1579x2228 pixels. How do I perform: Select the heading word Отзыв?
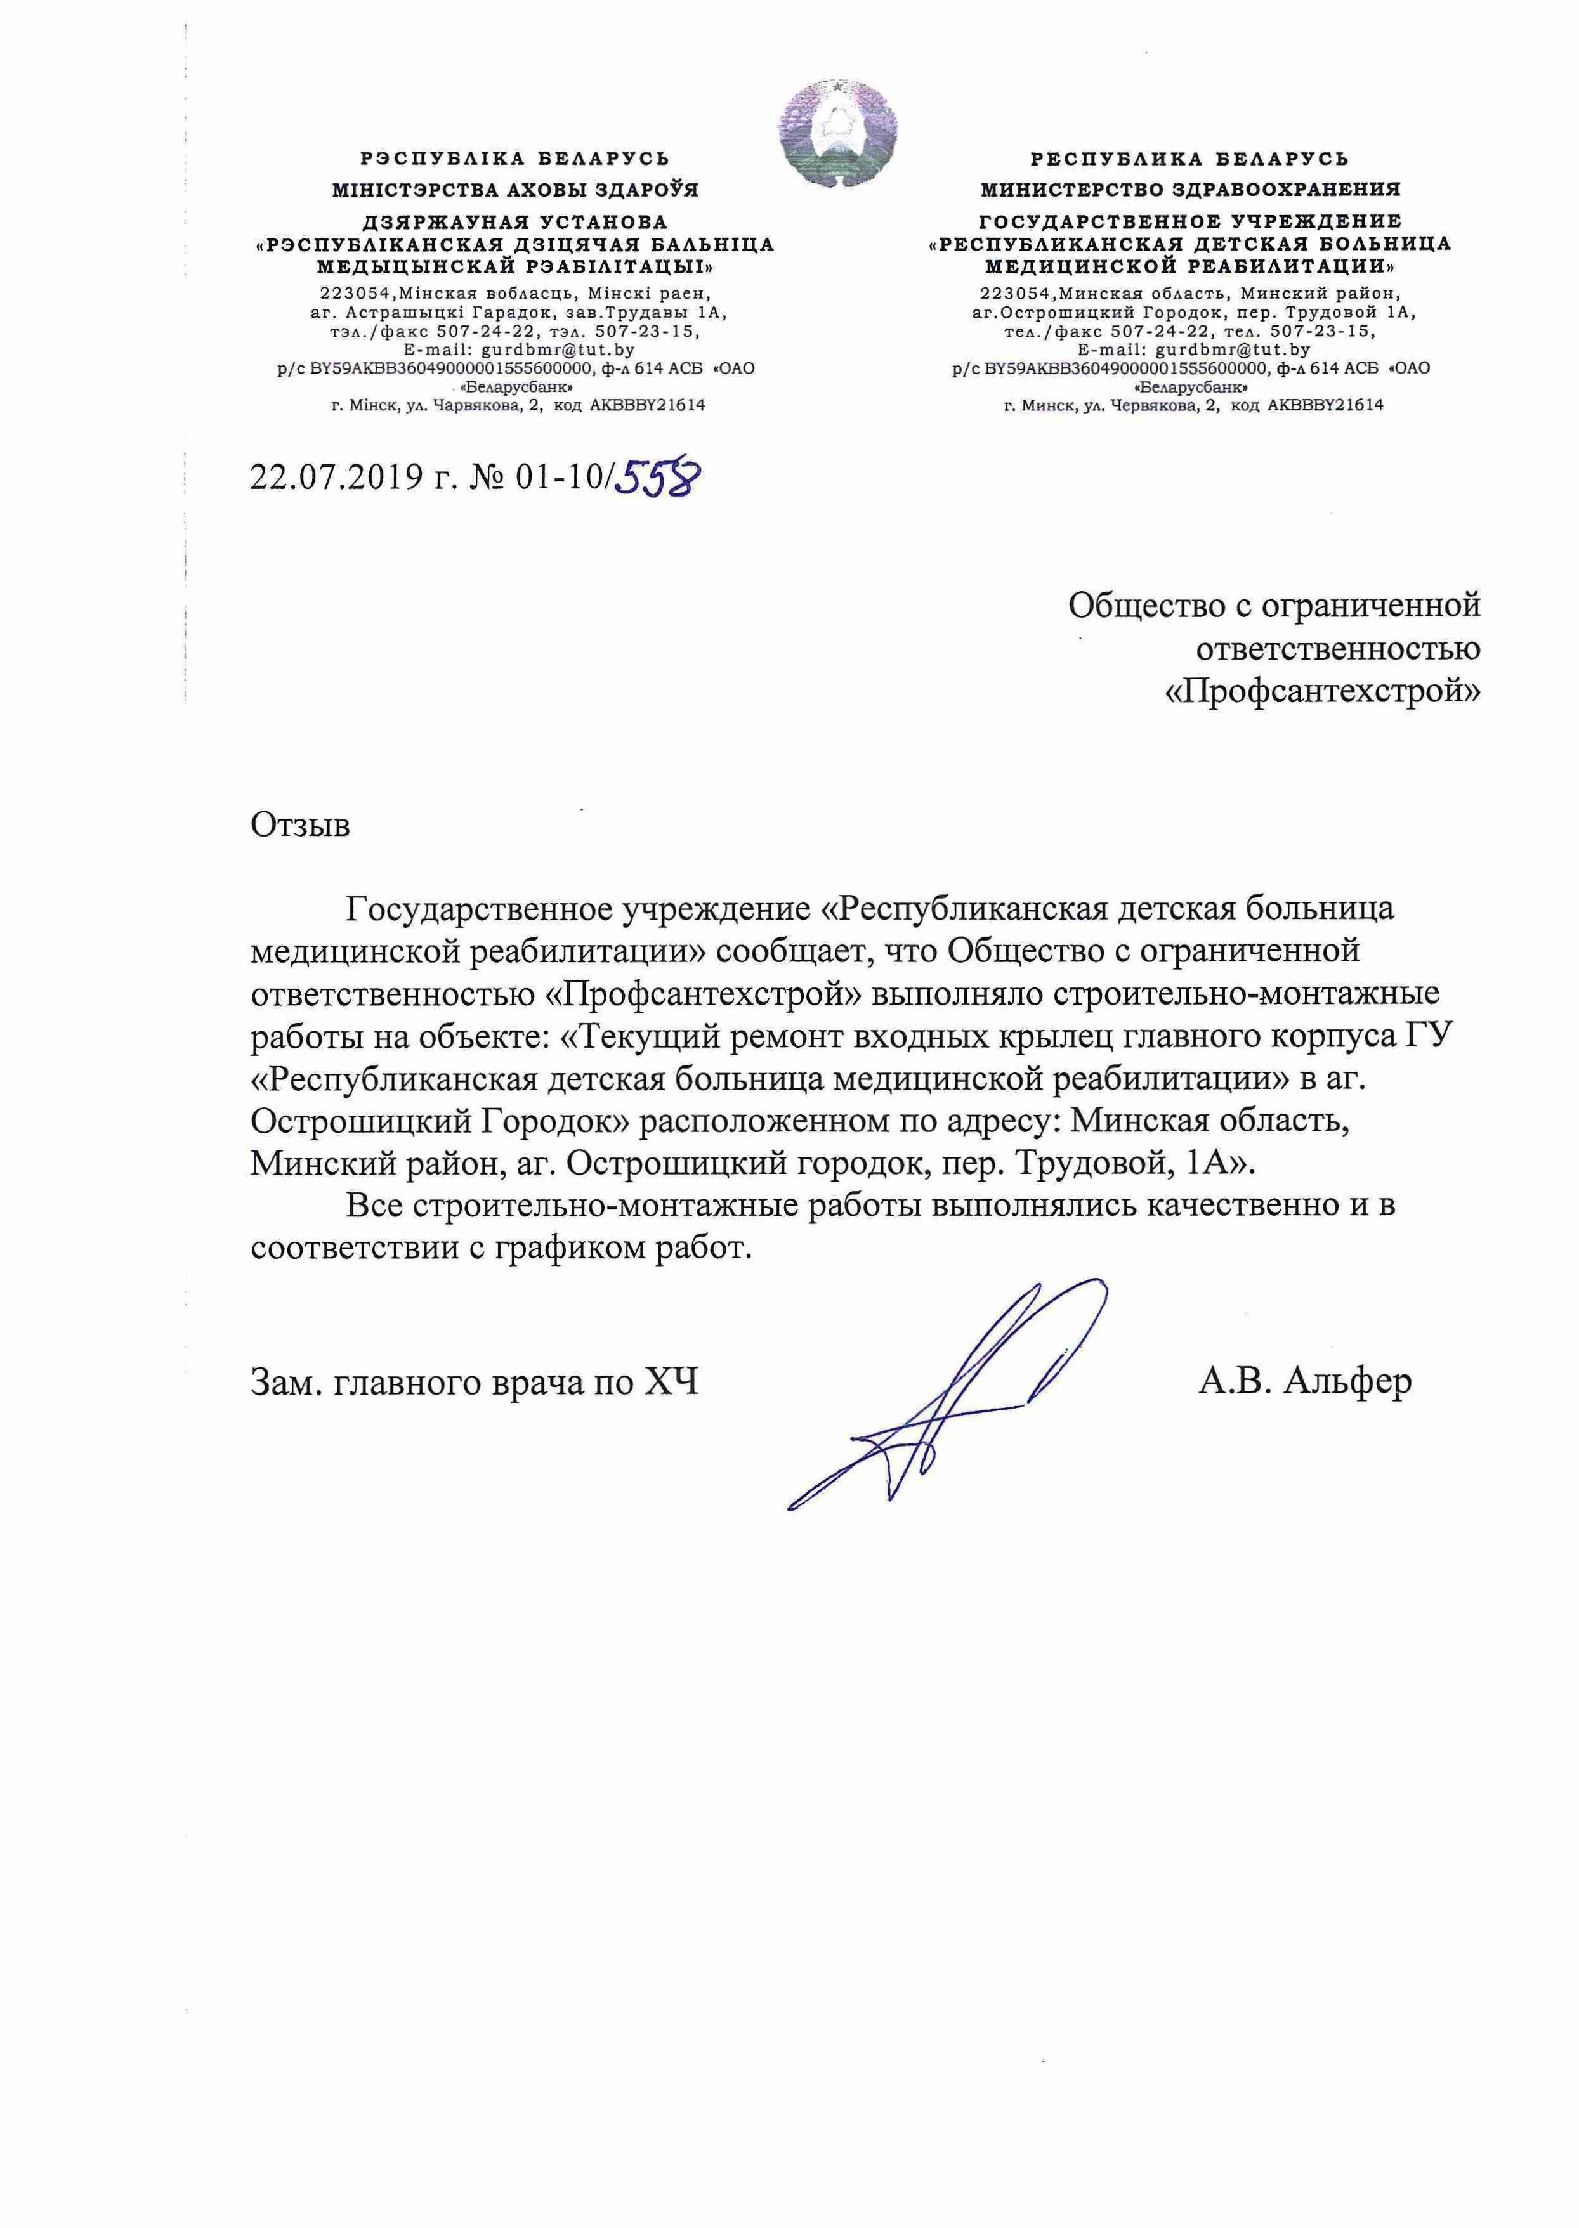(301, 825)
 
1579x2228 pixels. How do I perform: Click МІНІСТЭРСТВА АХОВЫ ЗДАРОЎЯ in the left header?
(514, 190)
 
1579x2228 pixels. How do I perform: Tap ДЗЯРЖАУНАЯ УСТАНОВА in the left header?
(514, 223)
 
